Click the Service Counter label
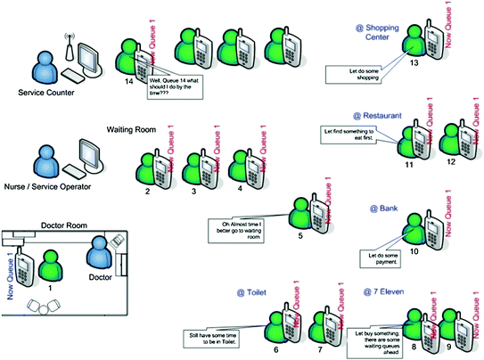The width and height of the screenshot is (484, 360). point(46,93)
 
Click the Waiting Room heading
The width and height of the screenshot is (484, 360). point(132,129)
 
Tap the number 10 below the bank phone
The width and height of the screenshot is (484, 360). point(414,252)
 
